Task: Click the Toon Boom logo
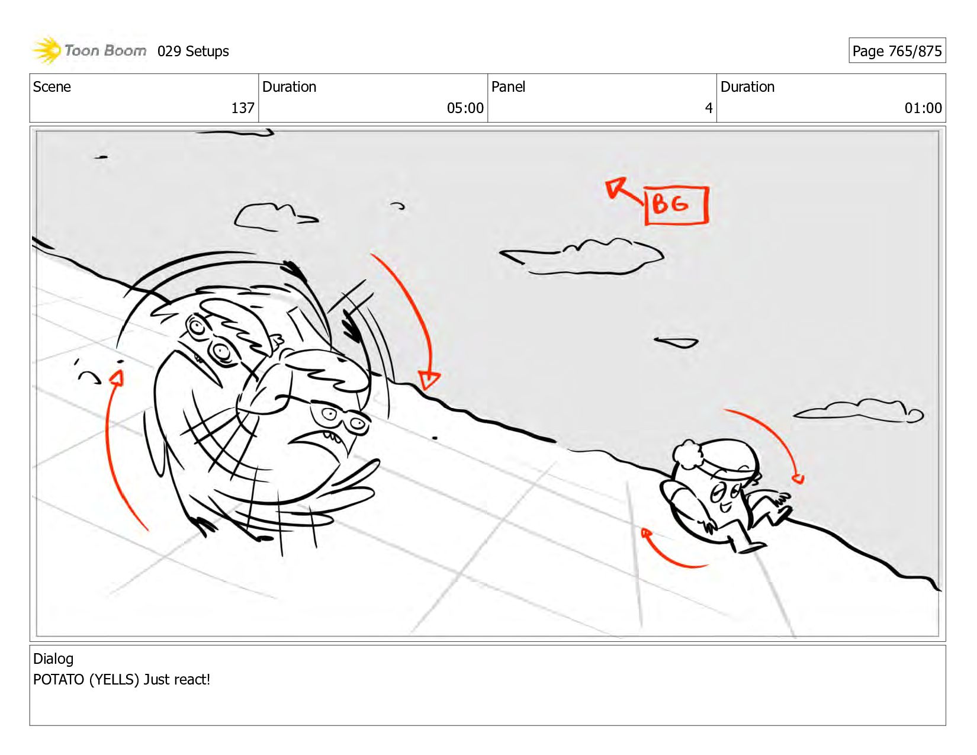(89, 50)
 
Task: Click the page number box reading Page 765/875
(897, 50)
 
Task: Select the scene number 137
(243, 108)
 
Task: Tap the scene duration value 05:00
(465, 108)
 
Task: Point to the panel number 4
(709, 108)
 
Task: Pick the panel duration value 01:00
(923, 108)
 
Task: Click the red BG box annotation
(677, 205)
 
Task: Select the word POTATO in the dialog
(59, 679)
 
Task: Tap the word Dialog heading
(53, 658)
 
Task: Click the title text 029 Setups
(193, 51)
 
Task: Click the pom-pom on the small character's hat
(687, 454)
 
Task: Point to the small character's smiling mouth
(725, 507)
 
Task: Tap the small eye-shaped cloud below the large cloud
(676, 343)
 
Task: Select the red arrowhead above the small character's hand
(798, 478)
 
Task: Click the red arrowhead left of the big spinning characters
(117, 378)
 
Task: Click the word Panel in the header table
(508, 86)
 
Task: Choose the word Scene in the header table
(52, 86)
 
